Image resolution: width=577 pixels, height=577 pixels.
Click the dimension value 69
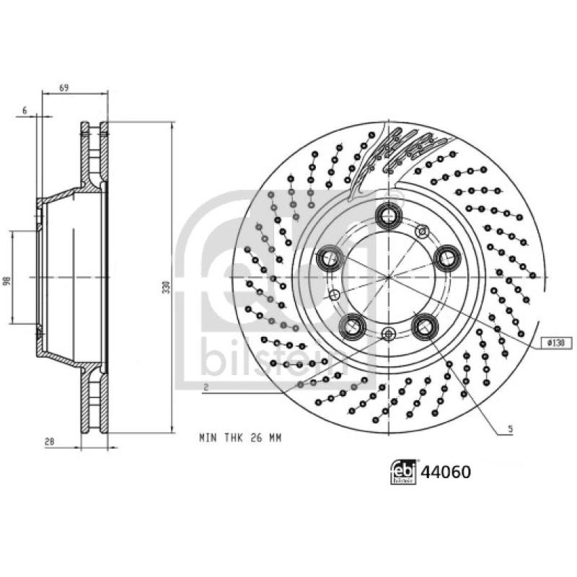pos(63,87)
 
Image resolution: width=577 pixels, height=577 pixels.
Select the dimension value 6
pos(25,110)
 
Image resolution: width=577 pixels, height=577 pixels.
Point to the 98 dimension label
pos(7,278)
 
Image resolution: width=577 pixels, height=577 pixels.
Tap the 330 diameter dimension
pos(165,287)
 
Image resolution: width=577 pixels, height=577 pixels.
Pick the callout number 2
pos(206,387)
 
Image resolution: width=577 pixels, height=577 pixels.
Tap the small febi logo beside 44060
pos(403,472)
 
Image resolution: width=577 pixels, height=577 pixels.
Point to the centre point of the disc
pos(389,277)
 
